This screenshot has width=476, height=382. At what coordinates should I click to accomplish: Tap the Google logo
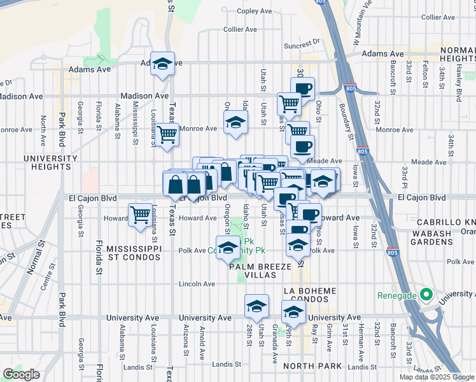click(21, 374)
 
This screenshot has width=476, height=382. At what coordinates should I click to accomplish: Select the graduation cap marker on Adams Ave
click(163, 64)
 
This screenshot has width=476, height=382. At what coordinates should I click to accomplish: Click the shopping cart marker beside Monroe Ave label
click(167, 134)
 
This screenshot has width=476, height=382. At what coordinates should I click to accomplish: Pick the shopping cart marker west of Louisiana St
click(140, 214)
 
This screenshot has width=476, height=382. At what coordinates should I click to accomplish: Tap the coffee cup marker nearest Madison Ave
click(303, 88)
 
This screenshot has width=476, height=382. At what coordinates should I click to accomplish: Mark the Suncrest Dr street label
click(302, 45)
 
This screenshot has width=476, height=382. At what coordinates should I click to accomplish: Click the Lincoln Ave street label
click(197, 284)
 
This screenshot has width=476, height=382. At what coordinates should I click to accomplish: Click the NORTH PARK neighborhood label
click(312, 365)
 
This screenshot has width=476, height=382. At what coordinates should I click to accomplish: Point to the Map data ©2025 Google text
click(436, 377)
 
